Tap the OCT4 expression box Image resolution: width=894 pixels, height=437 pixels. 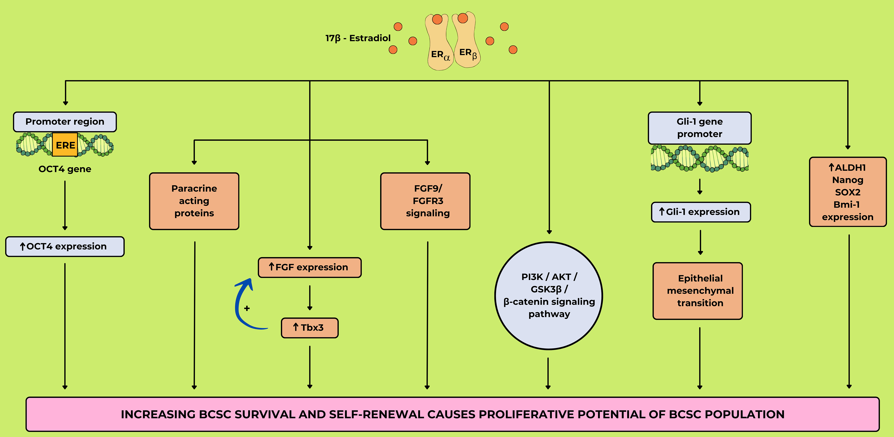pyautogui.click(x=65, y=246)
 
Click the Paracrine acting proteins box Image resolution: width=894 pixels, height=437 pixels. pyautogui.click(x=194, y=201)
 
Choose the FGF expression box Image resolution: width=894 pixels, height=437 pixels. pyautogui.click(x=310, y=267)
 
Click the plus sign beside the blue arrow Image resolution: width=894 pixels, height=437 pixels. pyautogui.click(x=247, y=308)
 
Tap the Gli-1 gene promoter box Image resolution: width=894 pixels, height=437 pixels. pyautogui.click(x=699, y=128)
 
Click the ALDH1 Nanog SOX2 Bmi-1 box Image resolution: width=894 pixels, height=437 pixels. pyautogui.click(x=848, y=192)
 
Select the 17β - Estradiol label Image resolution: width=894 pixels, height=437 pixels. pyautogui.click(x=358, y=38)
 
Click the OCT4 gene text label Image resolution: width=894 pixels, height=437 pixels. pyautogui.click(x=65, y=169)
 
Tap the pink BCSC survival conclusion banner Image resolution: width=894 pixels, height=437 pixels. pyautogui.click(x=453, y=414)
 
